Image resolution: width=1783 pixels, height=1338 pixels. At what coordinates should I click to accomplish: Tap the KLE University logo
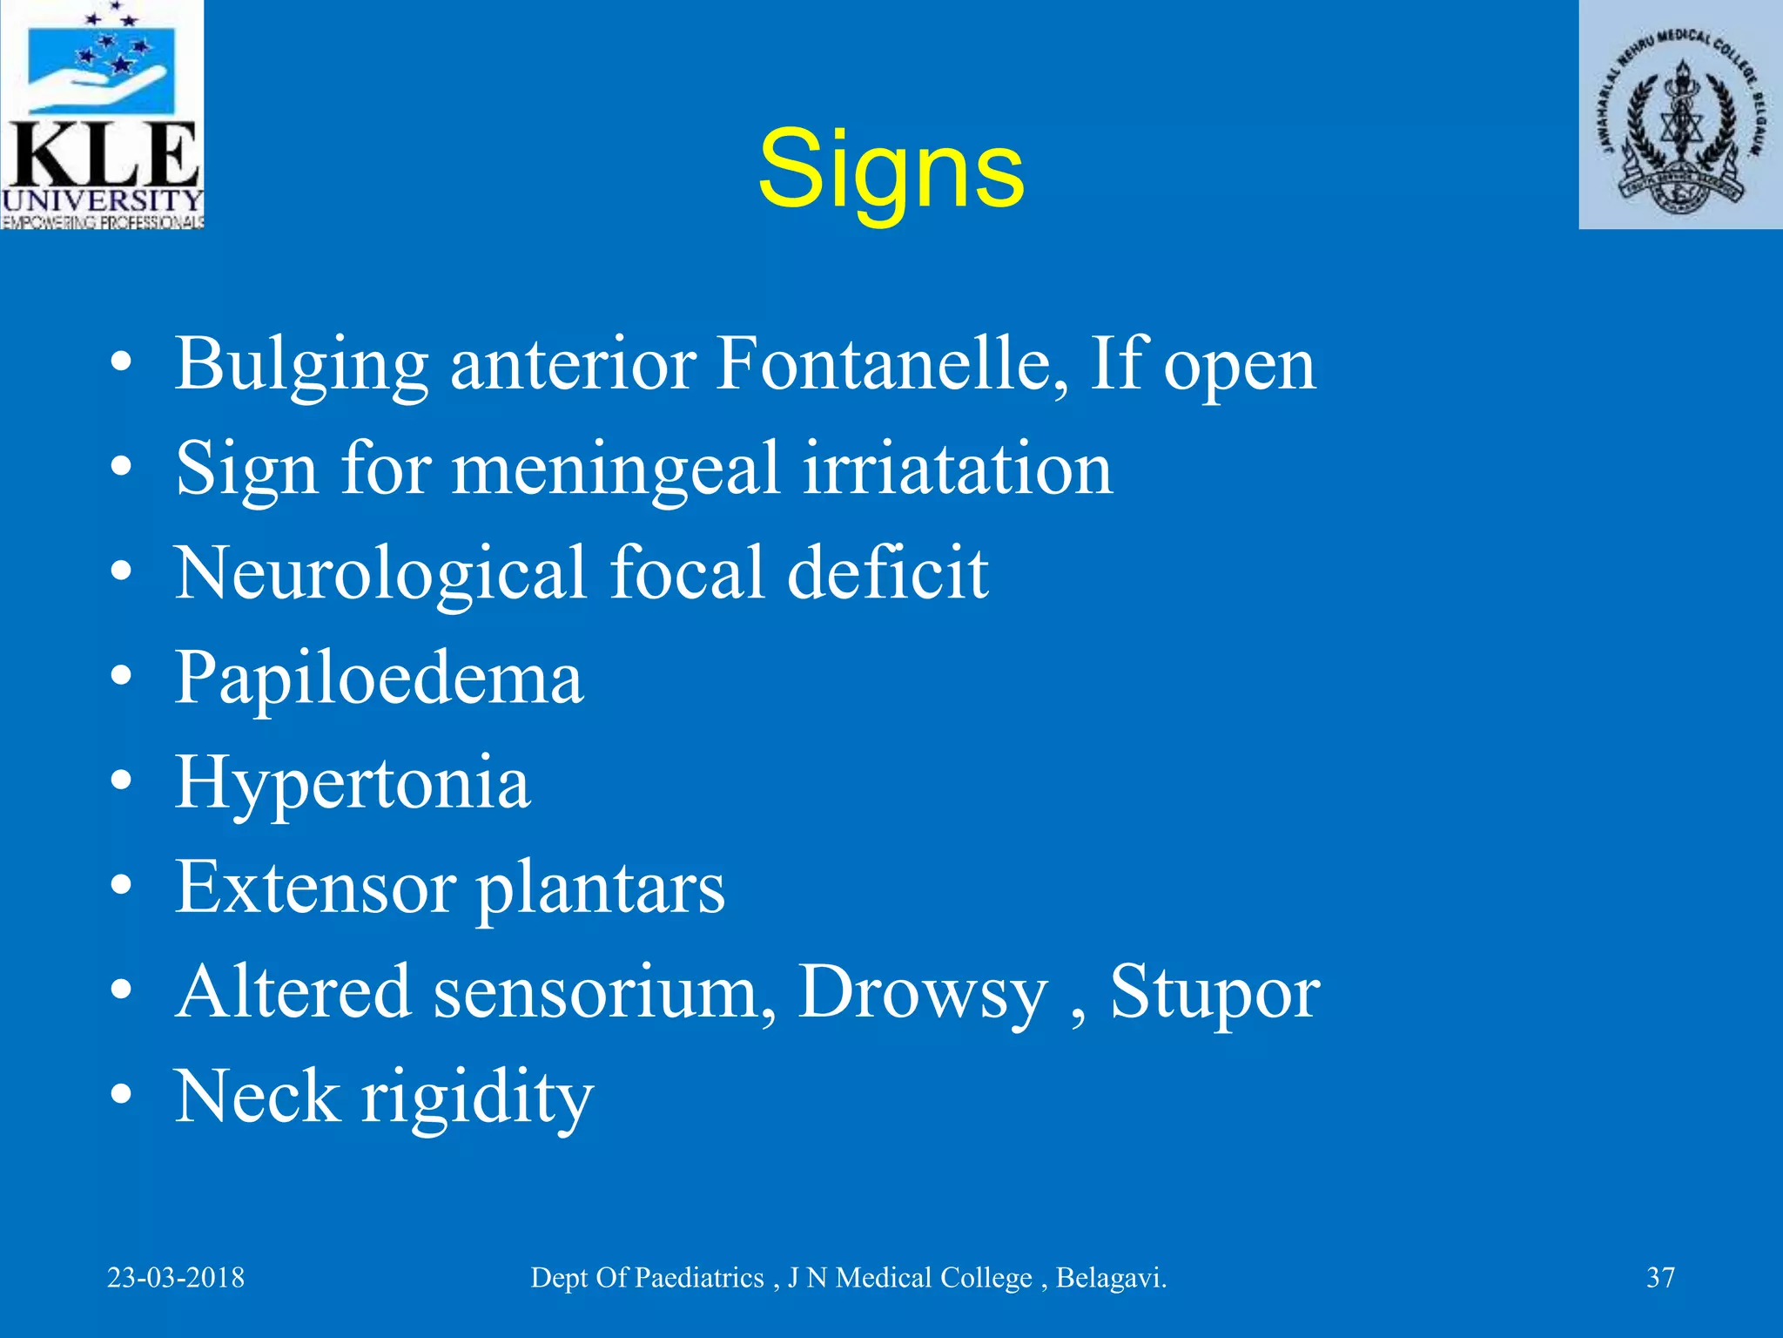tap(102, 115)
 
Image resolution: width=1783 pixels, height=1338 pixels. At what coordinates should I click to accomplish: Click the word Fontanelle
tap(891, 363)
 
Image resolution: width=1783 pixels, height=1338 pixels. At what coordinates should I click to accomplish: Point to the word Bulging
tap(301, 365)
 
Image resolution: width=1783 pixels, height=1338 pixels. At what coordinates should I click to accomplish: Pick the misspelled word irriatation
tap(958, 469)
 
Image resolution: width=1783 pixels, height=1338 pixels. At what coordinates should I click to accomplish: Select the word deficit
tap(888, 572)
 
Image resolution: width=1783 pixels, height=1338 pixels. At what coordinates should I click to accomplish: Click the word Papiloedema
tap(379, 679)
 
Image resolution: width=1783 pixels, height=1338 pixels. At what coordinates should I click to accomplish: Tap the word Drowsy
tap(923, 993)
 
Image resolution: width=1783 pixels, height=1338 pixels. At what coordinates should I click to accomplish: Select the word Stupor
tap(1215, 993)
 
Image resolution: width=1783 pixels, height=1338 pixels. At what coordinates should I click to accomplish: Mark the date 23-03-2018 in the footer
tap(176, 1278)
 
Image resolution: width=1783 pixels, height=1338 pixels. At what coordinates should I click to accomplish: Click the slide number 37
tap(1660, 1278)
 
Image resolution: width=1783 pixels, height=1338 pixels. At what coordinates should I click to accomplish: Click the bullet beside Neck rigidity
tap(122, 1095)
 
